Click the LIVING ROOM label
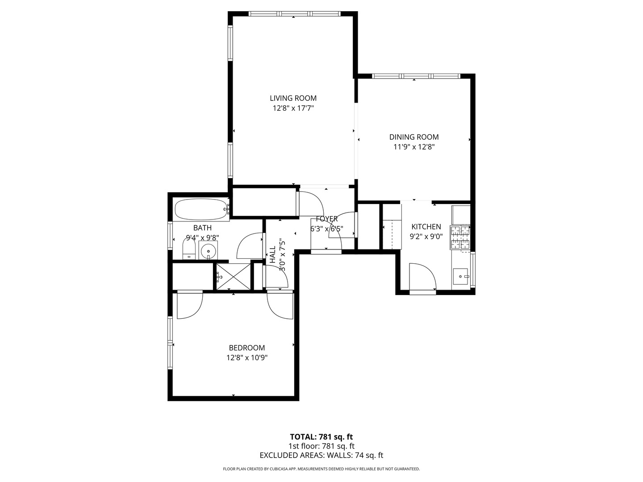point(293,98)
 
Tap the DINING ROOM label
point(414,137)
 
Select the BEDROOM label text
point(246,348)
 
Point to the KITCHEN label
point(426,227)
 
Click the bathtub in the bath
point(201,209)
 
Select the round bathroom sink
point(208,251)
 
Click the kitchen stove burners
point(460,237)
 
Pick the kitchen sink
point(460,277)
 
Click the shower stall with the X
point(233,277)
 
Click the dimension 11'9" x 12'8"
point(414,147)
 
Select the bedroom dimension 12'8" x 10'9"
point(246,357)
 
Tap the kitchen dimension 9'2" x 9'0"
point(426,237)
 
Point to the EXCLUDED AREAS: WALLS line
point(321,455)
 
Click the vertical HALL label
point(272,255)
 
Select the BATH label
point(202,228)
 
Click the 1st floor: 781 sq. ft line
point(321,446)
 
